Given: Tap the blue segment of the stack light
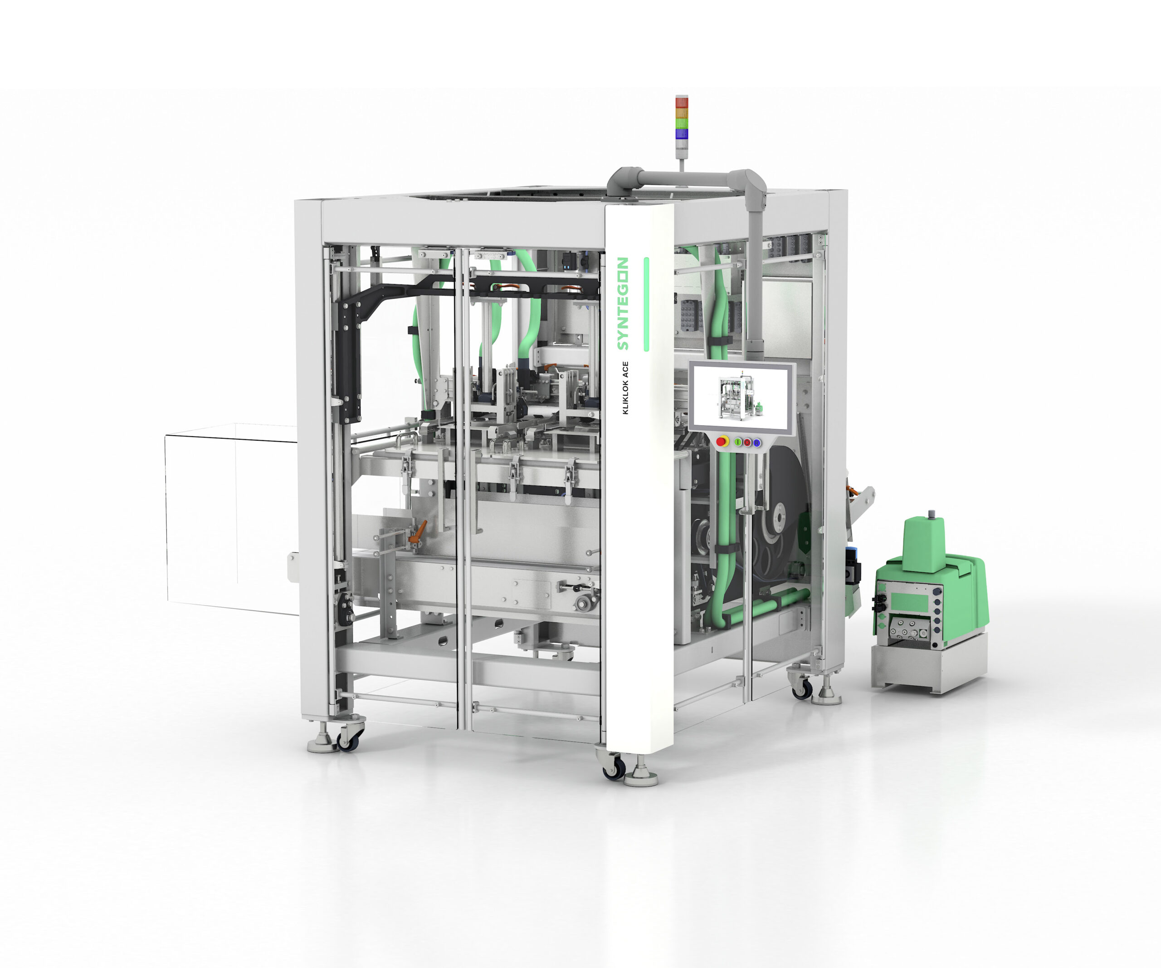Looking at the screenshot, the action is [682, 133].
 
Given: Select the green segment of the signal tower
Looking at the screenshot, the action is [682, 123].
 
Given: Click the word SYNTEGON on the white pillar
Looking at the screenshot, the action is [623, 303].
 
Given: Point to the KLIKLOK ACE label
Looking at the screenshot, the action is [625, 388].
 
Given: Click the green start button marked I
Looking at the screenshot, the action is [738, 442].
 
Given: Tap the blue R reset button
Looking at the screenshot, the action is [756, 442].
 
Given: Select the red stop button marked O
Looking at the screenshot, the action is [747, 442].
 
